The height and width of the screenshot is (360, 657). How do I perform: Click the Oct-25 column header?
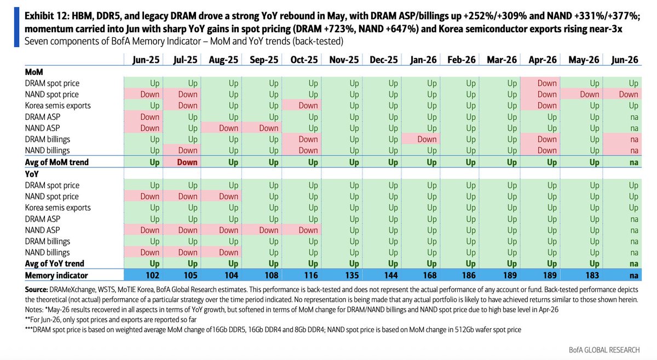(x=304, y=60)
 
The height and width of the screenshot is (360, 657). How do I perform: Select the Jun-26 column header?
(x=625, y=60)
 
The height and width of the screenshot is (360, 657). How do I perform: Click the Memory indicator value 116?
(x=310, y=275)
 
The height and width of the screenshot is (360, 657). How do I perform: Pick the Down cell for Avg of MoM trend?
(x=187, y=162)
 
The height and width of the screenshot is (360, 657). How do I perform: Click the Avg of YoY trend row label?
(x=55, y=264)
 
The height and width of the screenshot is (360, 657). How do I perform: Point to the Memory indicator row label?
(x=56, y=276)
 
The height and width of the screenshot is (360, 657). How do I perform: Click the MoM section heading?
(x=34, y=72)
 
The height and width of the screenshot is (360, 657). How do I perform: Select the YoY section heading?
(x=32, y=174)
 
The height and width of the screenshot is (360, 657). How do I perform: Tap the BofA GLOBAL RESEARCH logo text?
(x=604, y=350)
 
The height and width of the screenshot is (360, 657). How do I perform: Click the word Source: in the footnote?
(x=36, y=289)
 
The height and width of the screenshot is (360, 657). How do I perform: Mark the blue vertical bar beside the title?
(x=16, y=27)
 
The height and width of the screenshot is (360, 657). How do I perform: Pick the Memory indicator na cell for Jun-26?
(x=634, y=276)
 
